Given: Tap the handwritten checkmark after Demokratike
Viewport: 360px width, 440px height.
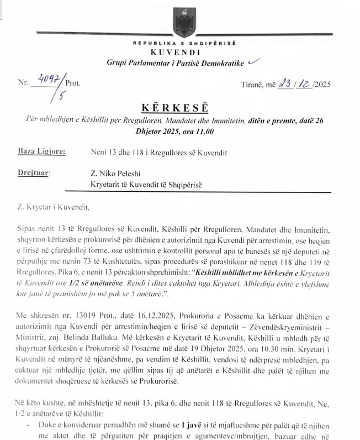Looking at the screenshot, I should click(253, 63).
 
